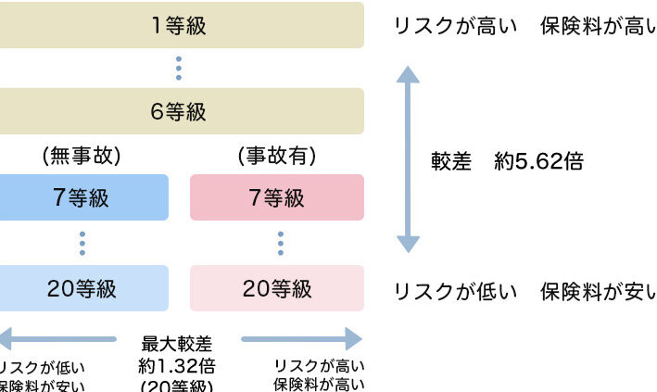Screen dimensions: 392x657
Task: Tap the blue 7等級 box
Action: coord(83,197)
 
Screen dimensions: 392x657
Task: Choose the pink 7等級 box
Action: coord(277,197)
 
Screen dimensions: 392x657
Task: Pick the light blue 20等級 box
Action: coord(83,288)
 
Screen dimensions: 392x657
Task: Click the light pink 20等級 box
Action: coord(277,288)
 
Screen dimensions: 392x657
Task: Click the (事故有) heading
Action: coord(276,157)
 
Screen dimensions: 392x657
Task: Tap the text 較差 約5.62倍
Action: coord(507,161)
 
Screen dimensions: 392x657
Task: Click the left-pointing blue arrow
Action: coord(56,340)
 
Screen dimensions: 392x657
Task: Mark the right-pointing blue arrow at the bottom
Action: coord(301,340)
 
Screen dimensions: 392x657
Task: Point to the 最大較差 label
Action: coord(178,345)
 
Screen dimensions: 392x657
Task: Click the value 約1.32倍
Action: coord(178,366)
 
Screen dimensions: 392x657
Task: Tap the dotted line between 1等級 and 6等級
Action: coord(178,69)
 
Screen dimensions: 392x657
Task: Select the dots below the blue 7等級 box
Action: coord(82,243)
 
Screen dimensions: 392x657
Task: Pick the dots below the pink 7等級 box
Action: coord(280,243)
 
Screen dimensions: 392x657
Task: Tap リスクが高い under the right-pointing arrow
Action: coord(319,366)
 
